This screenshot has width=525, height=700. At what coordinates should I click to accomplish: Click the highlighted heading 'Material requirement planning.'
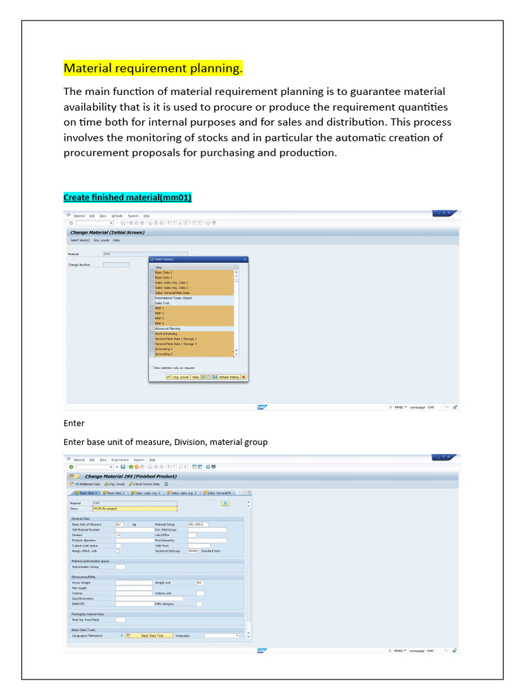click(153, 69)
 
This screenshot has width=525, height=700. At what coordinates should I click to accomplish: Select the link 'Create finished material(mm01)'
click(128, 198)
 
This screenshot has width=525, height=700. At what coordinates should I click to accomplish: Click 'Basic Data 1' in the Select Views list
click(164, 272)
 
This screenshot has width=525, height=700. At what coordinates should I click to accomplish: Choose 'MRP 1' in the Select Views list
click(160, 308)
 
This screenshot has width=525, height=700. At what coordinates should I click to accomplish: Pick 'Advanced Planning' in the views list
click(167, 329)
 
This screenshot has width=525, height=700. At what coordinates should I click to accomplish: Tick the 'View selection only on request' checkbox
click(152, 368)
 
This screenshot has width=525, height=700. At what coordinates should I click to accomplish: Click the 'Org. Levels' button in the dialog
click(180, 377)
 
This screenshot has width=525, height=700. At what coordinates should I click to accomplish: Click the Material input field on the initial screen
click(144, 254)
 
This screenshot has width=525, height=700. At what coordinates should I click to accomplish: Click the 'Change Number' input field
click(116, 265)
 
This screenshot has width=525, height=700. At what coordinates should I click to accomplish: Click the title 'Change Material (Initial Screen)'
click(107, 232)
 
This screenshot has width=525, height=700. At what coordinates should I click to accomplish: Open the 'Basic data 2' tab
click(114, 492)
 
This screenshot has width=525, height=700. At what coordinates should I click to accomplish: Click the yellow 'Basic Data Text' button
click(152, 635)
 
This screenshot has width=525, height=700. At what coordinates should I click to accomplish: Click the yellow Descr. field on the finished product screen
click(134, 509)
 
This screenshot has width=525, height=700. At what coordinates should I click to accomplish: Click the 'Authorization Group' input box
click(120, 567)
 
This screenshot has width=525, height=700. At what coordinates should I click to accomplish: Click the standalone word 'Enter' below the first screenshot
click(74, 423)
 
